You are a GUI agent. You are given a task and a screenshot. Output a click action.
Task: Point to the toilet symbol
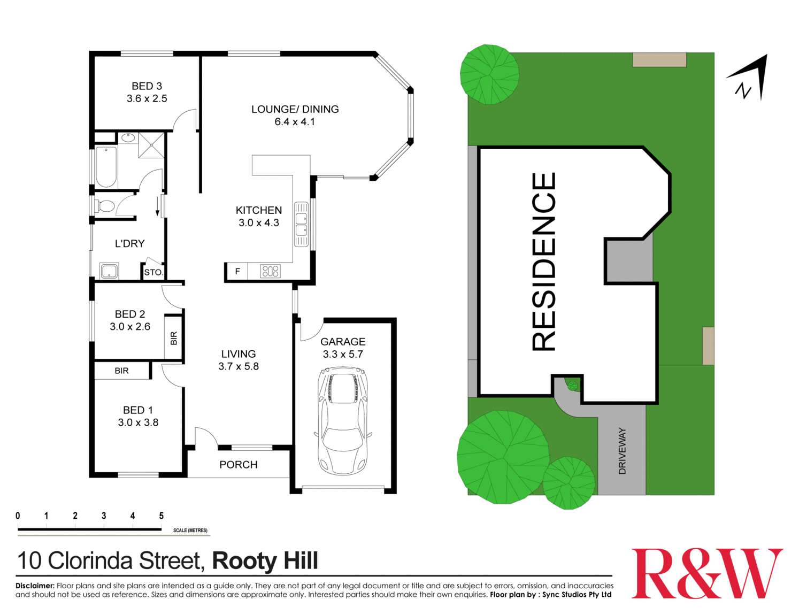[105, 206]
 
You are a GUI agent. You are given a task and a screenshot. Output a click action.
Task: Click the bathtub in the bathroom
[106, 167]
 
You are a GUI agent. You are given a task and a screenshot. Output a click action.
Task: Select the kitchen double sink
[301, 224]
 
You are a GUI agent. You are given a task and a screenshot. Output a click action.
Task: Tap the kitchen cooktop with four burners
[270, 271]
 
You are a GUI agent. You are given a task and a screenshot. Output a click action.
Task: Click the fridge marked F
[237, 271]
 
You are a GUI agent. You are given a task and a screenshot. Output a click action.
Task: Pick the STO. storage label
[153, 272]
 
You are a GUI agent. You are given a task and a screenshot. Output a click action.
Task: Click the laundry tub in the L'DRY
[109, 271]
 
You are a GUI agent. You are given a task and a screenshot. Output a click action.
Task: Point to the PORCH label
[239, 465]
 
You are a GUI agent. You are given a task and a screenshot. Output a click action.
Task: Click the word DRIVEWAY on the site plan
[622, 450]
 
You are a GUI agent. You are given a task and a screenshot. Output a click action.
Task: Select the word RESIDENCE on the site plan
[544, 262]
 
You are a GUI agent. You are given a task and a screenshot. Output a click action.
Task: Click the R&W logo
[706, 573]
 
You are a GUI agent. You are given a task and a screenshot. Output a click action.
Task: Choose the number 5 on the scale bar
[161, 516]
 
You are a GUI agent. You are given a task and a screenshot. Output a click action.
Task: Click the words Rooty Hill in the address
[265, 561]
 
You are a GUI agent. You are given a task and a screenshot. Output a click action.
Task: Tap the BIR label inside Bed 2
[173, 338]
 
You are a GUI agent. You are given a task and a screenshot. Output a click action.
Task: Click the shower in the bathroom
[151, 145]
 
